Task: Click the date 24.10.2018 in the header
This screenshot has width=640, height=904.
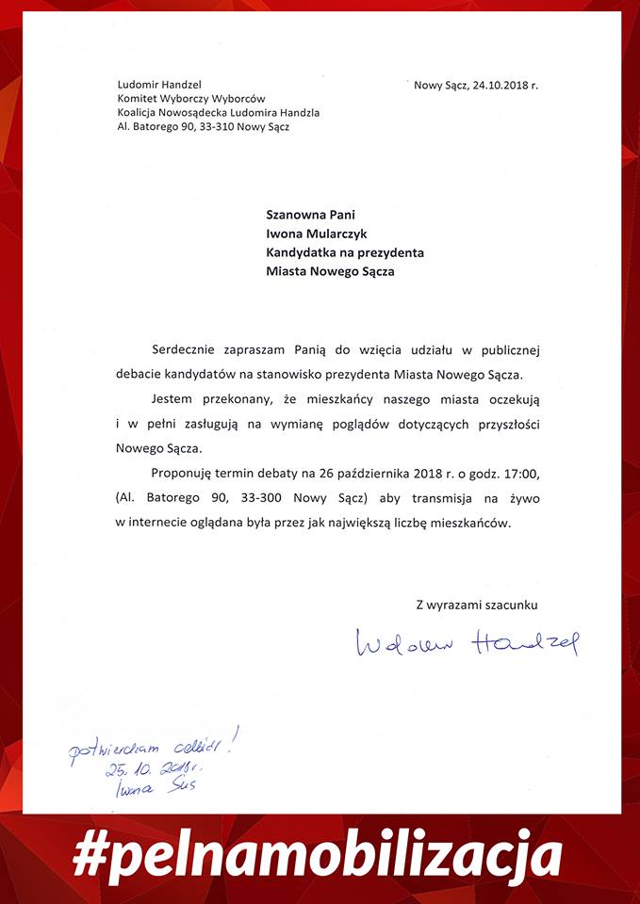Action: pyautogui.click(x=500, y=86)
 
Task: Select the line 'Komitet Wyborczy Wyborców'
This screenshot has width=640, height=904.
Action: pyautogui.click(x=190, y=99)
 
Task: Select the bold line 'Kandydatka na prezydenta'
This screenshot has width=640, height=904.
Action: pyautogui.click(x=345, y=252)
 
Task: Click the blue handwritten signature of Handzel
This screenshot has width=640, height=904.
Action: pyautogui.click(x=468, y=644)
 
